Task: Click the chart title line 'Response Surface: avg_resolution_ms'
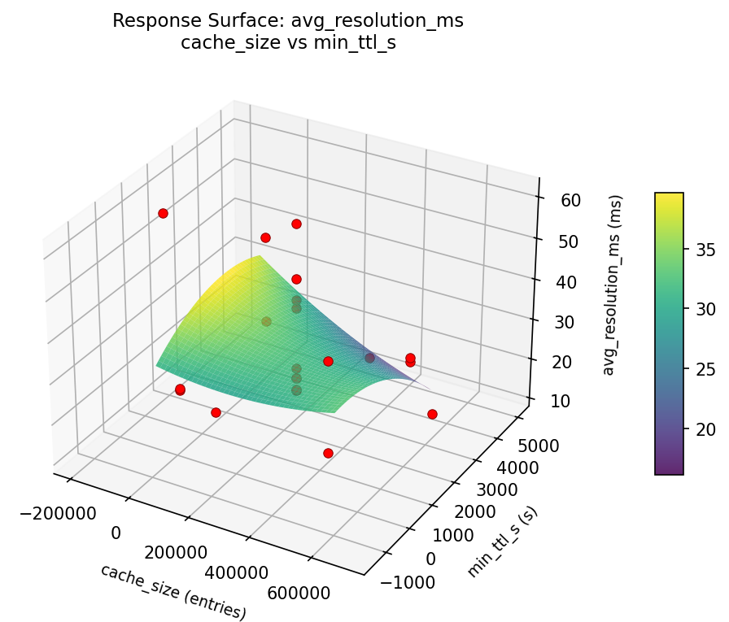click(x=288, y=21)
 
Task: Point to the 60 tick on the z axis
click(x=558, y=200)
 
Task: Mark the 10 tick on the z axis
click(x=558, y=399)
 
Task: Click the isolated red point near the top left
click(x=163, y=213)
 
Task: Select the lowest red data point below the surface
click(x=328, y=453)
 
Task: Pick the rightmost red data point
click(x=432, y=414)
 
